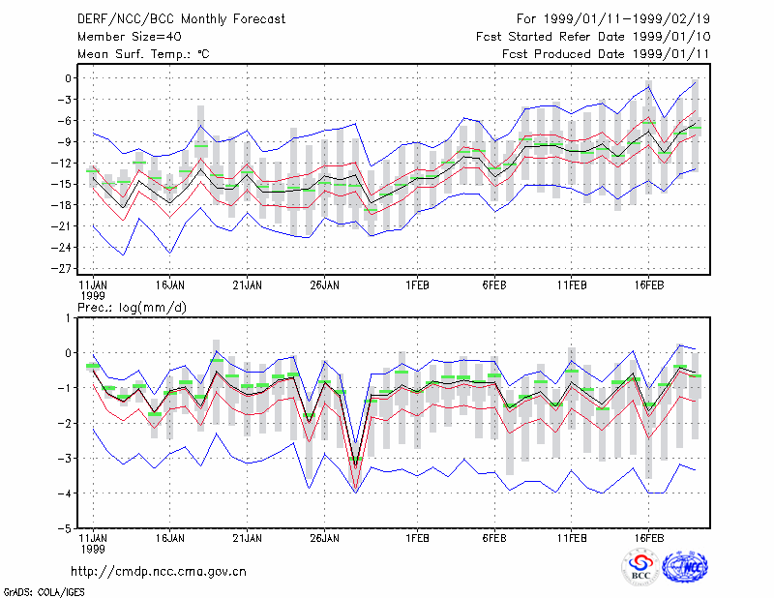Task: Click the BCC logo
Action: tap(640, 567)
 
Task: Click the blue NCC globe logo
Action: tap(685, 567)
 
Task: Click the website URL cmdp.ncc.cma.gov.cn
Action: tap(159, 571)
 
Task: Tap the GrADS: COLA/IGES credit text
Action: tap(44, 591)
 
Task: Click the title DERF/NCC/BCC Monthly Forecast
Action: tap(181, 19)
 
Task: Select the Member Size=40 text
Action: tap(130, 37)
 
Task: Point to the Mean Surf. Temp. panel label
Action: tap(143, 54)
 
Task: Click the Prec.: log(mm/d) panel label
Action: tap(132, 308)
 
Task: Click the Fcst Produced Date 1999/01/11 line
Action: tap(607, 54)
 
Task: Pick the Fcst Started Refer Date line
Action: tap(593, 37)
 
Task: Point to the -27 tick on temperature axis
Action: tap(62, 269)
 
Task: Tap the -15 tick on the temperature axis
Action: tap(62, 184)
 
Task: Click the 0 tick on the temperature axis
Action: tap(68, 78)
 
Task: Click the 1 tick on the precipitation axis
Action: tap(68, 317)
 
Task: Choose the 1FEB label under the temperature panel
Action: tap(417, 284)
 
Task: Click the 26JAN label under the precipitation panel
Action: tap(324, 538)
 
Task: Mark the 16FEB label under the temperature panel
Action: tap(648, 284)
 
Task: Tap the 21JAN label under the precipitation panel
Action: tap(248, 538)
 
